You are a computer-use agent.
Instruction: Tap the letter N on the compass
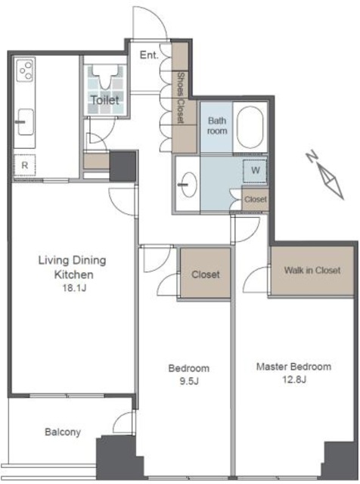pos(312,156)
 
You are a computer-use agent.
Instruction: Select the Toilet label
pos(105,100)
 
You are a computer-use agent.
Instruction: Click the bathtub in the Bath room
pos(250,127)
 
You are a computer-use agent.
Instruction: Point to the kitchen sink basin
pos(26,122)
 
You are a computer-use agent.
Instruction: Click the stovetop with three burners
pos(25,70)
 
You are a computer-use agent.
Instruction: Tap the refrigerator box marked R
pos(25,166)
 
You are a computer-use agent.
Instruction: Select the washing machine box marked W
pos(255,171)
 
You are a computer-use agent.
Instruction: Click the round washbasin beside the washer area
pos(188,185)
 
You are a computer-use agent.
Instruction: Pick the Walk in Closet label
pos(312,271)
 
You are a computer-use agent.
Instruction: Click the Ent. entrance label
pos(149,55)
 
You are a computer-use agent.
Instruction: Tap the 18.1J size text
pos(74,288)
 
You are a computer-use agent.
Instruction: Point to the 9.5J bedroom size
pos(189,381)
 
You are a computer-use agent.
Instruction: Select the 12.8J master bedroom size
pos(294,379)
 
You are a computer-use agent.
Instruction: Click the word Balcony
pos(63,432)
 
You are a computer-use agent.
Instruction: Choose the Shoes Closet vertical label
pos(181,98)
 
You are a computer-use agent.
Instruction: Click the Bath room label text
pos(217,126)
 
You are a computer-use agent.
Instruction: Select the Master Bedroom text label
pos(293,367)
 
